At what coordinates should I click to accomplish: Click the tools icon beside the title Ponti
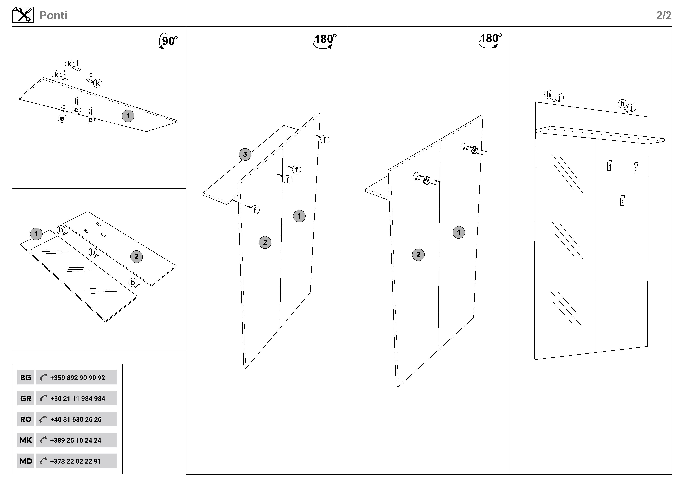click(x=23, y=15)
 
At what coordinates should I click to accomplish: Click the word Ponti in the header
click(x=53, y=16)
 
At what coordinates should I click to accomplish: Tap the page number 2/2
click(x=664, y=16)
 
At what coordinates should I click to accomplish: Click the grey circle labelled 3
click(x=245, y=154)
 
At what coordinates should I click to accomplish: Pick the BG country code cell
click(x=26, y=378)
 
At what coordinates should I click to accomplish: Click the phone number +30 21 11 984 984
click(x=78, y=398)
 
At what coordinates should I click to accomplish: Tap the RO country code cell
click(x=26, y=419)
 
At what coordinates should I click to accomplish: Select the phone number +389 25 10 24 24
click(x=76, y=440)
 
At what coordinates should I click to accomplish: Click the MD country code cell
click(x=26, y=461)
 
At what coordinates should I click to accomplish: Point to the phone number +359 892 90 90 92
click(x=77, y=378)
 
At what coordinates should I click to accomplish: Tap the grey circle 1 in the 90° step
click(x=128, y=116)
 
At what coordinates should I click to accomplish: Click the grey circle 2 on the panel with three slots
click(x=136, y=257)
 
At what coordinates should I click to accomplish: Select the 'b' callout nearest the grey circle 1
click(x=61, y=230)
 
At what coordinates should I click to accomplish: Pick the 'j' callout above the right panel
click(x=632, y=107)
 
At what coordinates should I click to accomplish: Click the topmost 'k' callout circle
click(x=69, y=64)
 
